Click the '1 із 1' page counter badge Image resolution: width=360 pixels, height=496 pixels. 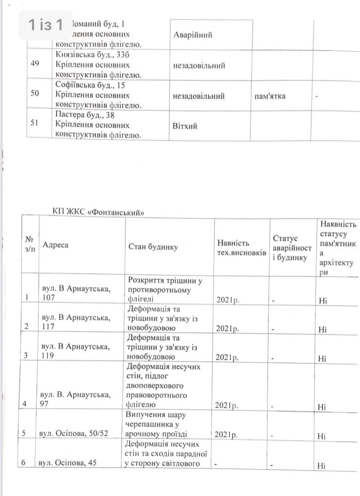tap(46, 25)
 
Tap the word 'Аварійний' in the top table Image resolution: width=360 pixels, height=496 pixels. tap(193, 35)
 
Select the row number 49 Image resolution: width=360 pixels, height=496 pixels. tap(35, 64)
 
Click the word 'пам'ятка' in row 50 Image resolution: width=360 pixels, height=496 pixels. tap(270, 96)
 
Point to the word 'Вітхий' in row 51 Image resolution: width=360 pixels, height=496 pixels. tap(184, 126)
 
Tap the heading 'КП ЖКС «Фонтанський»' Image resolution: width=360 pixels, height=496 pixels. tap(99, 212)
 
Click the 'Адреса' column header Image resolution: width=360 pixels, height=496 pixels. tap(55, 245)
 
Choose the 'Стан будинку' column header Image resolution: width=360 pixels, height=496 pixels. tap(153, 247)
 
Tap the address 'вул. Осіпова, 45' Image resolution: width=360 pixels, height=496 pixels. tap(68, 463)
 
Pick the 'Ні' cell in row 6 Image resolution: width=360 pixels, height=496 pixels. tap(322, 466)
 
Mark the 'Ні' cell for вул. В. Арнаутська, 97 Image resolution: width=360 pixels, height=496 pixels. tap(322, 407)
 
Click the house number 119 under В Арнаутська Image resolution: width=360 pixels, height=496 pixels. tap(49, 355)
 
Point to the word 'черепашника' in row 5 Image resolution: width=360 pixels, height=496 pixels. tap(150, 425)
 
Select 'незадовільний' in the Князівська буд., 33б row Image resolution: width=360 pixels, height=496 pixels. tap(199, 66)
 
